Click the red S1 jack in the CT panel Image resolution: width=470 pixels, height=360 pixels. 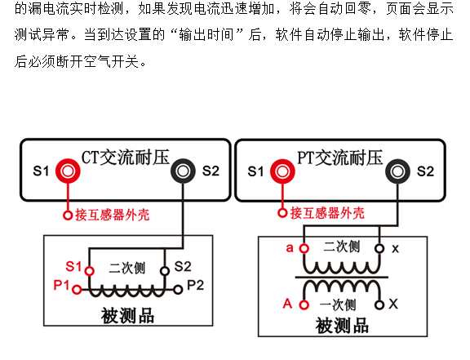68,171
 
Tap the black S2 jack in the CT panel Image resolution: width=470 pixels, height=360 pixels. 183,171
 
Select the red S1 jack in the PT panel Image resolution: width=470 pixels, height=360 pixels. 282,171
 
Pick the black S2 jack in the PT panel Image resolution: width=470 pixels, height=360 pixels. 397,171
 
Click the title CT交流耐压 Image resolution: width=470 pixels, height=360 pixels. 126,157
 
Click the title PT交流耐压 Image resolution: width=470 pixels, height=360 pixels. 340,158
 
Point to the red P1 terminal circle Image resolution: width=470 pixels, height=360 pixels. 77,290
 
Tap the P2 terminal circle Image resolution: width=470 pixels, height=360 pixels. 178,290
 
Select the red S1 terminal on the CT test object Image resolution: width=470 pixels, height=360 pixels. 89,271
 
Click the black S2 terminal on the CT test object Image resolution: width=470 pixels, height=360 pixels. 165,271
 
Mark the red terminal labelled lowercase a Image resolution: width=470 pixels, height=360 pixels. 304,248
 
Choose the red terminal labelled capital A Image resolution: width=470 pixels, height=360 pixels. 304,304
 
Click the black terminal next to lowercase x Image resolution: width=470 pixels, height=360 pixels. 379,248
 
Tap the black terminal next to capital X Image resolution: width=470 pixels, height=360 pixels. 379,304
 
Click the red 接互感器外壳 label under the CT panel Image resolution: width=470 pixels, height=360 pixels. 113,215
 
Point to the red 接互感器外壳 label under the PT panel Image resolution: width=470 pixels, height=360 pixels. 327,213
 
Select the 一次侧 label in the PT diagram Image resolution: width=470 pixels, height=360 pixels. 338,305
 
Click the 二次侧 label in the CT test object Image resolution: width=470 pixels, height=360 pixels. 126,268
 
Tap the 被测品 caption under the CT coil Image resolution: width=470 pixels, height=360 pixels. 127,316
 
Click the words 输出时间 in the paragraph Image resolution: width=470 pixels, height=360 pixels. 206,34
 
